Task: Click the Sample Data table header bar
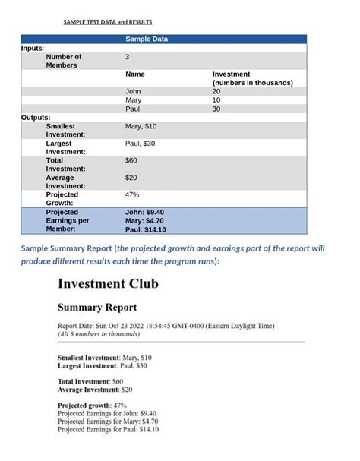(x=163, y=39)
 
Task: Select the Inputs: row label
(x=32, y=48)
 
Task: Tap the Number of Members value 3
(x=128, y=57)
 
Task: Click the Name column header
(x=134, y=74)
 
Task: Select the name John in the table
(x=133, y=91)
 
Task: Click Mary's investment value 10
(x=216, y=100)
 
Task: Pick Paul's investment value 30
(x=216, y=109)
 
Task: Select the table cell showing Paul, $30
(x=140, y=144)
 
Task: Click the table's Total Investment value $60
(x=131, y=161)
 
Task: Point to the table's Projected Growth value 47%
(x=132, y=195)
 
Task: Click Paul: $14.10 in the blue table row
(x=145, y=229)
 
